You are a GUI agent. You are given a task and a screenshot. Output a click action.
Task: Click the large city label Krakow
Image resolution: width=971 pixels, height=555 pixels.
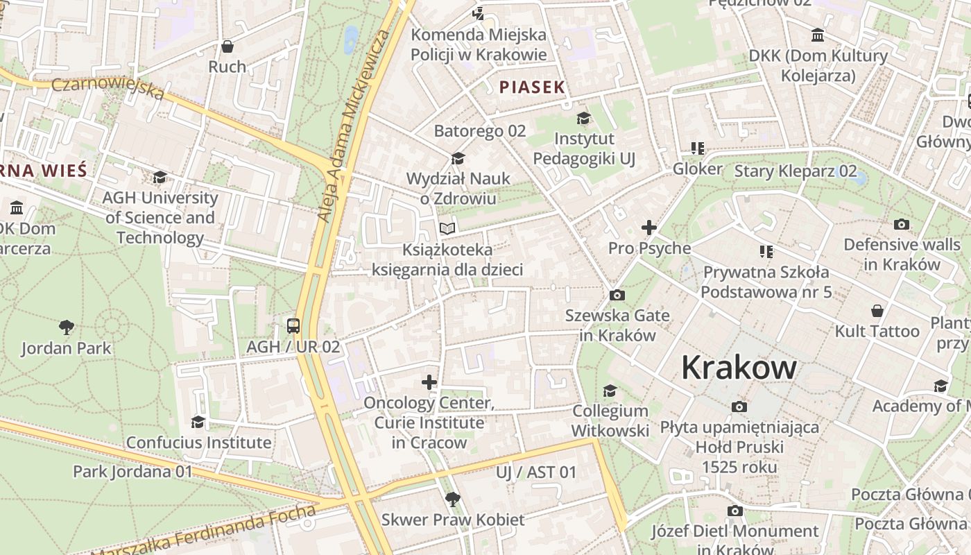click(739, 367)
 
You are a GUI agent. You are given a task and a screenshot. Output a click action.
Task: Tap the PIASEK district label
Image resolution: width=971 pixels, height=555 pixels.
click(532, 87)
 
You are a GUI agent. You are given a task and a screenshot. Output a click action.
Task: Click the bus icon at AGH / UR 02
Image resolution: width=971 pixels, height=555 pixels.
click(293, 325)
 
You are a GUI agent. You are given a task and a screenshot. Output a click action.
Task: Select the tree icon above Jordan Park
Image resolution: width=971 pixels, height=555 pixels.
click(67, 327)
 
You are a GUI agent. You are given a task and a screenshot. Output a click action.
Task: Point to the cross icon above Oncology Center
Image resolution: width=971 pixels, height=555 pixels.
click(429, 382)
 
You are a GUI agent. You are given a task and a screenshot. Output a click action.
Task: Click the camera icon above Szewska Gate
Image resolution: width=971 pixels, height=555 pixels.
click(617, 296)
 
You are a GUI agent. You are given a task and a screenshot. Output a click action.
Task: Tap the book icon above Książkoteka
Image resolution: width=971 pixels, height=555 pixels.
click(447, 228)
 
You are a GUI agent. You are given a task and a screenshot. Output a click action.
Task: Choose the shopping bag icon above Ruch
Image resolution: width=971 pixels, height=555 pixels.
click(227, 46)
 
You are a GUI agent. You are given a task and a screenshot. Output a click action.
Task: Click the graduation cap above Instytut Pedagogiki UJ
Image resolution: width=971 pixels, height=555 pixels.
click(583, 118)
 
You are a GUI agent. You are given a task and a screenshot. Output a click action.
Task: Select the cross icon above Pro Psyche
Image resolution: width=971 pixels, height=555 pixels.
click(649, 228)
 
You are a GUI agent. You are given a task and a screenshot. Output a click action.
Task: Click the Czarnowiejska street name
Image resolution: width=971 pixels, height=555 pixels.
click(108, 88)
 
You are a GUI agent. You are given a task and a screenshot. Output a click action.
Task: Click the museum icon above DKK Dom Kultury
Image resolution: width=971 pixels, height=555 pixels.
click(818, 35)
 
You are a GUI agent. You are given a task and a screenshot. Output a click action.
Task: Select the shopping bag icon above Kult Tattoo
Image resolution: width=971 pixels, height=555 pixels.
click(877, 310)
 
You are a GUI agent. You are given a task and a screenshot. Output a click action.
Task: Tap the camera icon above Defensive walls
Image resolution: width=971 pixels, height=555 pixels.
click(902, 224)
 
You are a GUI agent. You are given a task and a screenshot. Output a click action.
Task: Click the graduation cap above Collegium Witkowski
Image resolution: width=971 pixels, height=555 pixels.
click(610, 391)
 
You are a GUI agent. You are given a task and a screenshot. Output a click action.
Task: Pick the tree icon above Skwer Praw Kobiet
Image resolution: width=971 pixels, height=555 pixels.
click(453, 499)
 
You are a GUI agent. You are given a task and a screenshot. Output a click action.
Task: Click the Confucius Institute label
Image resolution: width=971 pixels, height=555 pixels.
click(198, 443)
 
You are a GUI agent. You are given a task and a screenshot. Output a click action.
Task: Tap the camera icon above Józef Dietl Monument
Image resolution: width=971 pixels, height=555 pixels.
click(734, 511)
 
